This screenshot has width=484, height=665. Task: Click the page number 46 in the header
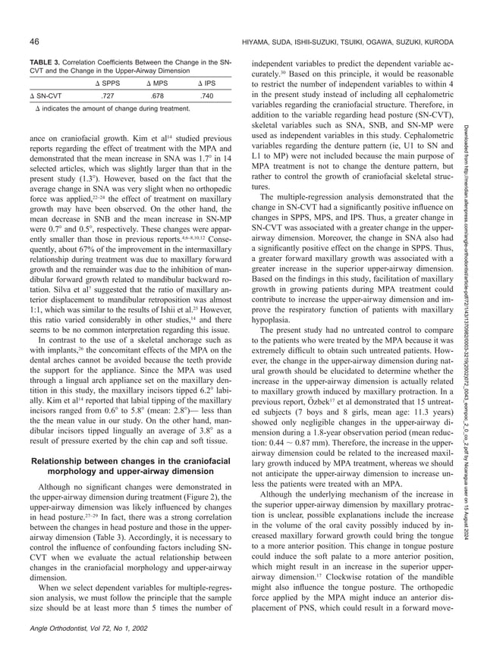[35, 39]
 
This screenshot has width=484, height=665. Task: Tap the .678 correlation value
[157, 96]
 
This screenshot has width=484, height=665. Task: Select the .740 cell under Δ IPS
[206, 96]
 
